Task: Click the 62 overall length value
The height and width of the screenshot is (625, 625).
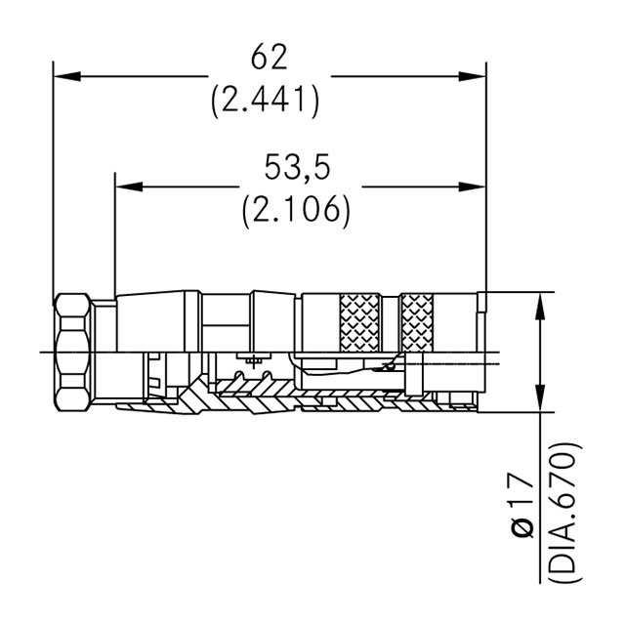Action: click(269, 59)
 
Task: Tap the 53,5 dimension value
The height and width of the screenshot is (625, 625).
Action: click(297, 168)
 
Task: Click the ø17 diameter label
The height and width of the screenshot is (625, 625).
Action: click(522, 506)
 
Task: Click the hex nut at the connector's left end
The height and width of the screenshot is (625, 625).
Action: click(72, 352)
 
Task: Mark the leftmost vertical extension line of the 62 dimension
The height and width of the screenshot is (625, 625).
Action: click(54, 176)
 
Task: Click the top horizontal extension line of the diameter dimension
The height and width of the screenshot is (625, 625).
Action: click(518, 291)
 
